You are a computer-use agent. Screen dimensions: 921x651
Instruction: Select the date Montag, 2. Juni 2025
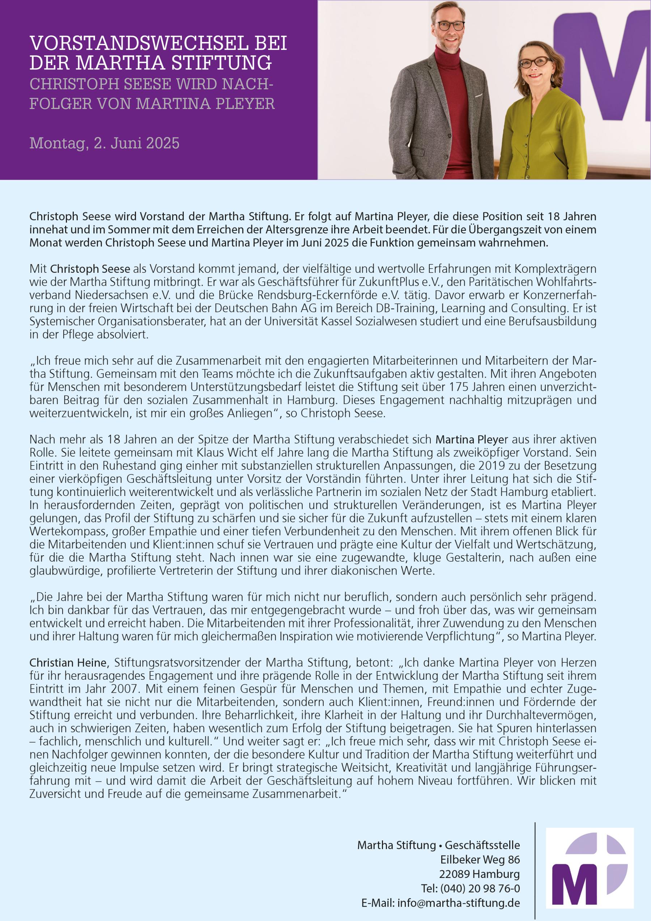click(x=104, y=143)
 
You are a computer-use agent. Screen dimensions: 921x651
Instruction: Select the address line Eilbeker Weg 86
click(x=480, y=859)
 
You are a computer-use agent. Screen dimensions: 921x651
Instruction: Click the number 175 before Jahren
click(x=459, y=387)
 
